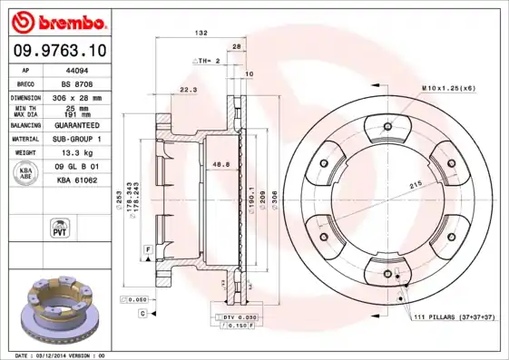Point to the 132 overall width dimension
(201, 33)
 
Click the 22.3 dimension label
(189, 90)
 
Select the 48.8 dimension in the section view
(220, 165)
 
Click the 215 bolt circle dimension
(416, 185)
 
